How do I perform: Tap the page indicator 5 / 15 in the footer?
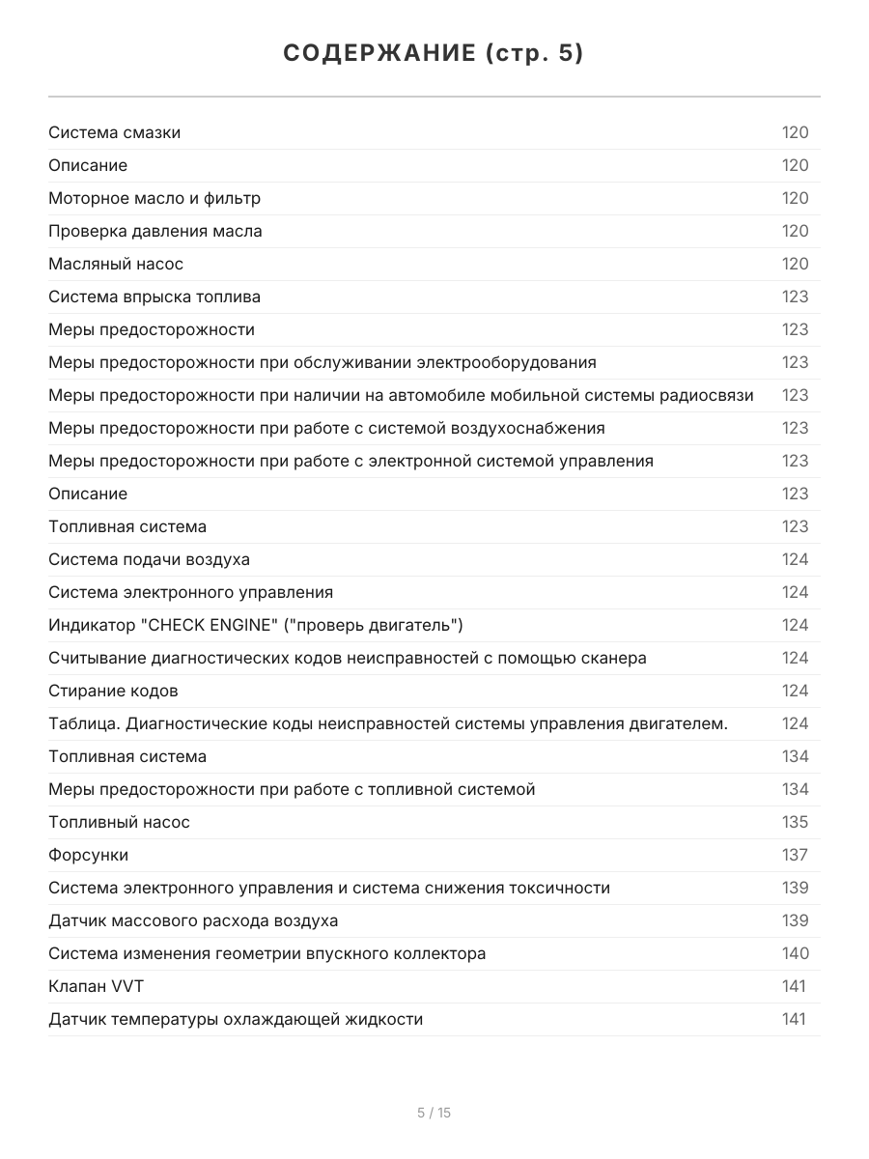(434, 1113)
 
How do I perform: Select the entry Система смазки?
(114, 132)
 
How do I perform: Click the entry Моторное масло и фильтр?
(154, 198)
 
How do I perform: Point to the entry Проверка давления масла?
(155, 231)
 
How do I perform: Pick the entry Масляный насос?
(116, 264)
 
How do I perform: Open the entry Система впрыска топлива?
(154, 297)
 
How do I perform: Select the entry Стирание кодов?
(113, 691)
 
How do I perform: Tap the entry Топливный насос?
(119, 822)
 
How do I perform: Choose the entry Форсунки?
(88, 855)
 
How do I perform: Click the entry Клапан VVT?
(96, 986)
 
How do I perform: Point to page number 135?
(795, 822)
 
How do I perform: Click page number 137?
(795, 855)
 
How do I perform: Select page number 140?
(795, 953)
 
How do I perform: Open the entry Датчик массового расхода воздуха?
(193, 920)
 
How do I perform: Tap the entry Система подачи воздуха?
(149, 559)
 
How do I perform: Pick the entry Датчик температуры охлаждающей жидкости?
(236, 1019)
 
